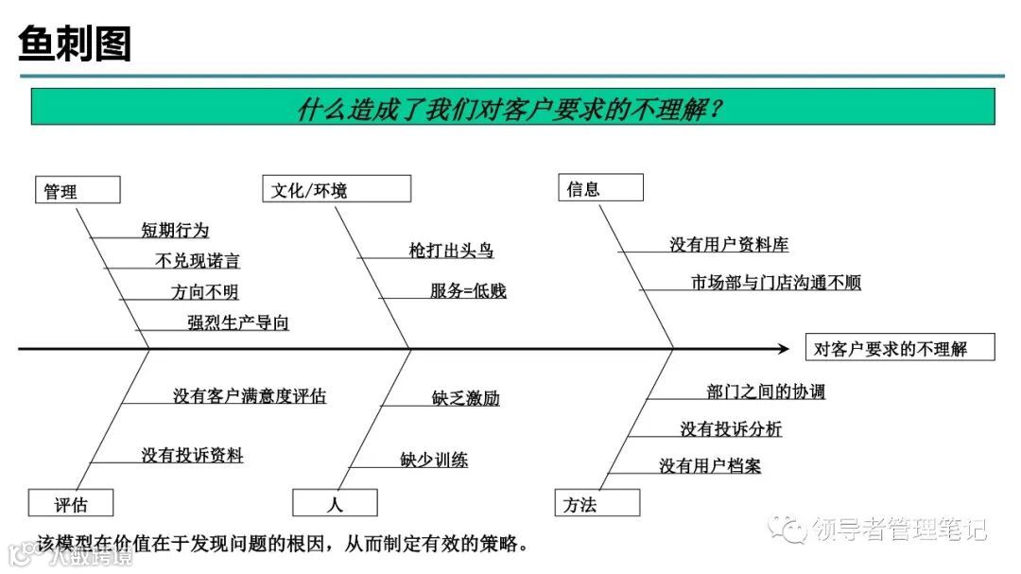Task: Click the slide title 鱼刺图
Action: (x=76, y=43)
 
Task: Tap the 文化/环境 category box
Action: (x=337, y=189)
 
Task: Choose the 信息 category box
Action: (x=600, y=188)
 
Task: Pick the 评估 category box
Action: (x=71, y=503)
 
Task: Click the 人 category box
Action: (x=335, y=503)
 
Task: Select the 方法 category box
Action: (x=597, y=503)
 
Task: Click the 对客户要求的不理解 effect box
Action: (x=899, y=348)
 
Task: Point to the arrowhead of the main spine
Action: (x=784, y=349)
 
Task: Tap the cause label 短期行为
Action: (x=175, y=230)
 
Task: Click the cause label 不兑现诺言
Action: (x=197, y=261)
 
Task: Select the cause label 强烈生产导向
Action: (x=238, y=322)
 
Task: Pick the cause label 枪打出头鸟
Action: (x=451, y=251)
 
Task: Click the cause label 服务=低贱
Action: (x=468, y=290)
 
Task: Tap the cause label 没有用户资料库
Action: (x=729, y=245)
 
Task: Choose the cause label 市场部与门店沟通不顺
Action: (x=776, y=283)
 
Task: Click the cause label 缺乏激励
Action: (x=465, y=398)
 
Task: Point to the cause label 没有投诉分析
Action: (x=731, y=429)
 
